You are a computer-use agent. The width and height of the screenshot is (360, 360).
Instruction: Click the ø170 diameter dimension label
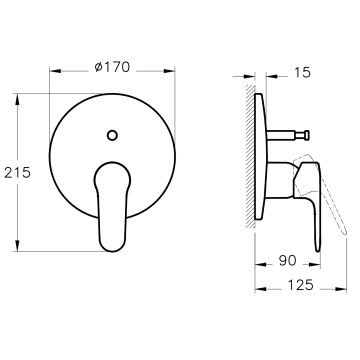coord(112,67)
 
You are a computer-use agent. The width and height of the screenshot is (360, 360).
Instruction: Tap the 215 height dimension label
coord(17,172)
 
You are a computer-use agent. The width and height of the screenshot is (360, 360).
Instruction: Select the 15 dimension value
coord(303,72)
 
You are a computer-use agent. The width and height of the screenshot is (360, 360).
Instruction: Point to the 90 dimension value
coord(287,260)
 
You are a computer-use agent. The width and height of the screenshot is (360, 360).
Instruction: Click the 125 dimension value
coord(301,285)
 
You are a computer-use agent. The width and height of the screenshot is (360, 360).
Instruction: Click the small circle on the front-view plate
coord(112,135)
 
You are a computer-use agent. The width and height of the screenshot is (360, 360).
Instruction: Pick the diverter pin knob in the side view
coord(306,135)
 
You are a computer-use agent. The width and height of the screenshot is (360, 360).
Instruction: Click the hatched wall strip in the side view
coord(250,157)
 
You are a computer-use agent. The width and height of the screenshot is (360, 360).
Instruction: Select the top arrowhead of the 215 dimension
coord(17,99)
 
